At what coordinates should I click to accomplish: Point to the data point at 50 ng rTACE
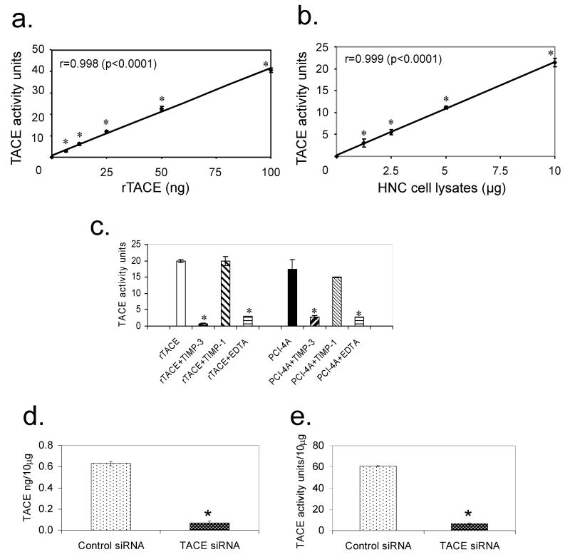click(x=161, y=108)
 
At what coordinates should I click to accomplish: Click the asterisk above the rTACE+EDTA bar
click(x=249, y=311)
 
